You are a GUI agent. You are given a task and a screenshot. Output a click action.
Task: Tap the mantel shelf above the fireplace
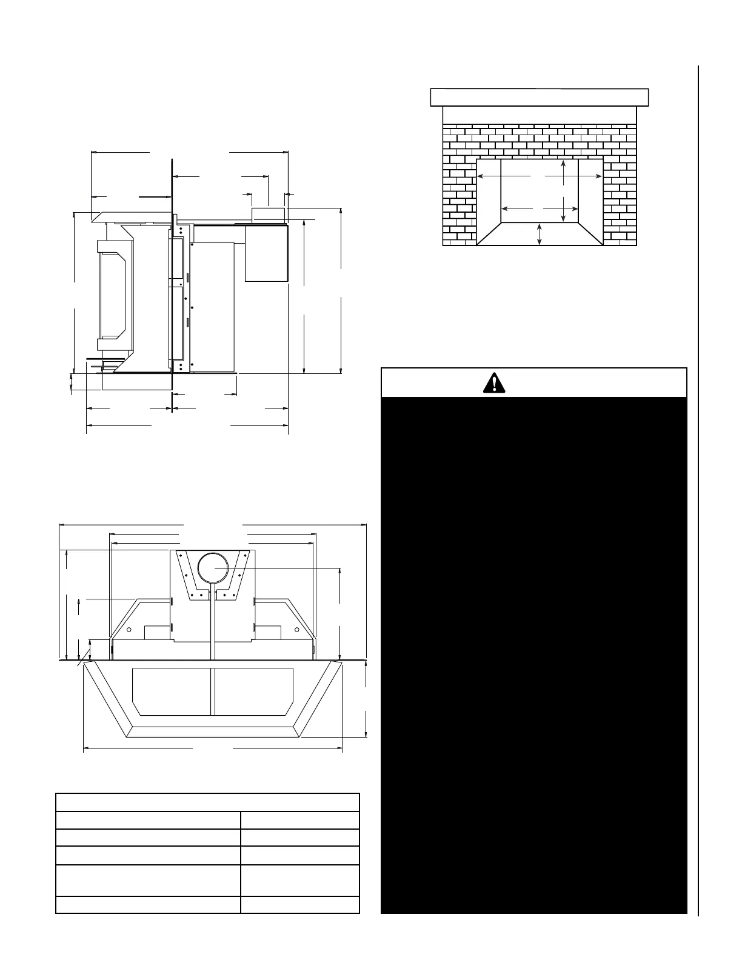[540, 97]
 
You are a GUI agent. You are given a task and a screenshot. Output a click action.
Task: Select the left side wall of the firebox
[489, 194]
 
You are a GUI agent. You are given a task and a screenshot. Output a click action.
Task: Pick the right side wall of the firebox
[590, 194]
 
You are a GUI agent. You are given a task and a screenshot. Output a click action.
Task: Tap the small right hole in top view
[296, 630]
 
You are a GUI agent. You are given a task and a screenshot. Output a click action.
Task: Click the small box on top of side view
[268, 215]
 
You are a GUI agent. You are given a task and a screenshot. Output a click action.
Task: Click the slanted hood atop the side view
[130, 216]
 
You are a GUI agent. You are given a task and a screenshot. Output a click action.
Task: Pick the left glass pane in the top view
[172, 691]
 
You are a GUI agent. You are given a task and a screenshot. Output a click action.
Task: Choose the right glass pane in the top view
[254, 691]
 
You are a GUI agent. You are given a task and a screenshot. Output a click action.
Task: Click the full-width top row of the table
[207, 802]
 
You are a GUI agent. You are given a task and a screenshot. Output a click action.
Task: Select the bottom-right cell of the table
[299, 905]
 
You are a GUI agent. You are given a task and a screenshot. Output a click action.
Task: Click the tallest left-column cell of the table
[148, 879]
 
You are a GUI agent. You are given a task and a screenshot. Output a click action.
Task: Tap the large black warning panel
[533, 655]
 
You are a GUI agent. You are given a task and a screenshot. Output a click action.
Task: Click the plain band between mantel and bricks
[540, 115]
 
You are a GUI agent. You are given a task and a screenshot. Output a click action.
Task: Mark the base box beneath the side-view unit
[137, 382]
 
